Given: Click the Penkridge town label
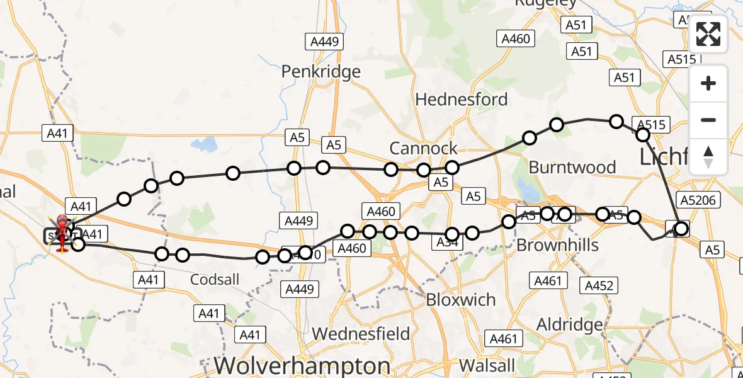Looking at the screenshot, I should (321, 71).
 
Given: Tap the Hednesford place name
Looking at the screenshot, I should (462, 100).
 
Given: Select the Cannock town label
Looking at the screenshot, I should (424, 149).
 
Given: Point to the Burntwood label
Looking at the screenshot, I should (572, 167).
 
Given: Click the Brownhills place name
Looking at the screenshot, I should (557, 245).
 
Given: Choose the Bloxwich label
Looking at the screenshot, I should (461, 300).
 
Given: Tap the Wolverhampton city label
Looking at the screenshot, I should (302, 365).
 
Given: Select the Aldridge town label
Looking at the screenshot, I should (569, 325).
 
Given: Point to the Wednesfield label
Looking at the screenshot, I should (361, 333).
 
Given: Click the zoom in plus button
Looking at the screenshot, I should (708, 83).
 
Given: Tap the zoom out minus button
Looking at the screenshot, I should (708, 120).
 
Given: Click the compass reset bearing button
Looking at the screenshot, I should (708, 157).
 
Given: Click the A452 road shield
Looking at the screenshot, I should (599, 286).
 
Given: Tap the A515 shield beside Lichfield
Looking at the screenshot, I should (652, 125).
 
